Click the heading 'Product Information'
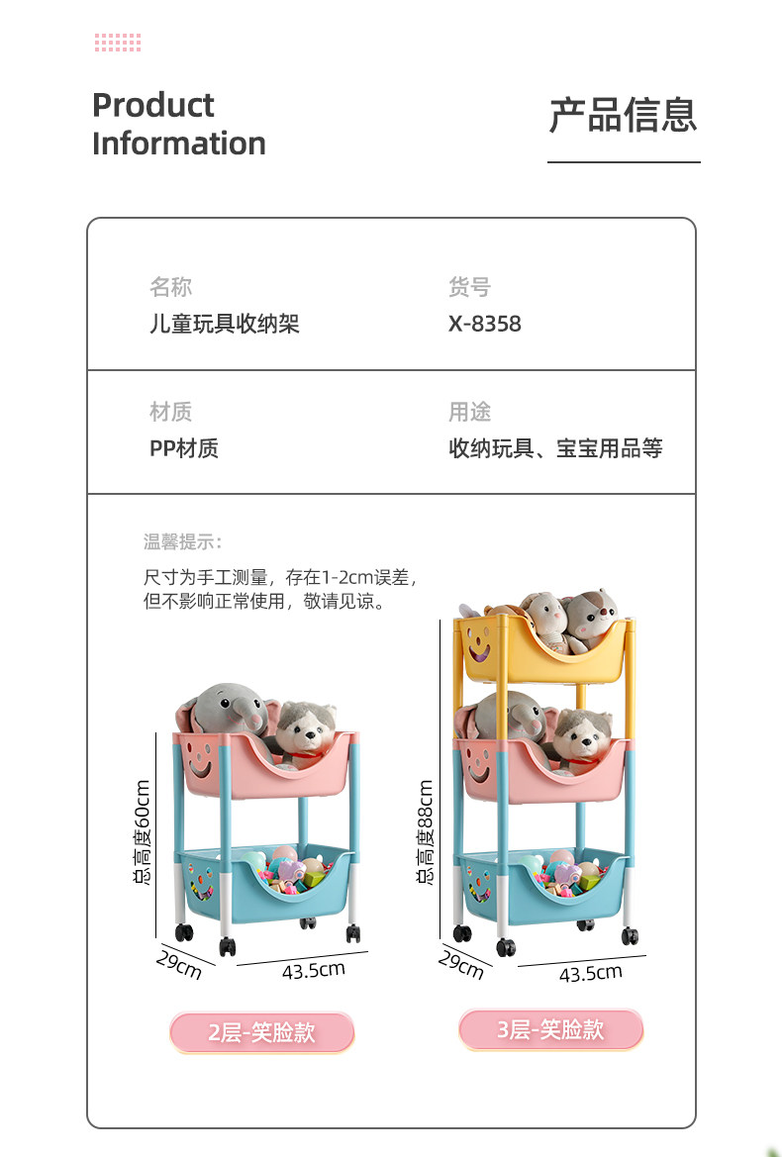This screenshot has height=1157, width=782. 178,124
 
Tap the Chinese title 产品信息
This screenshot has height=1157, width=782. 623,115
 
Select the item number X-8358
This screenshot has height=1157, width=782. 484,324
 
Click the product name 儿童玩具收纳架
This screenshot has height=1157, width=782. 224,324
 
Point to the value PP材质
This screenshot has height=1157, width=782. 184,448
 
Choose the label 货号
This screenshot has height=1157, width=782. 468,287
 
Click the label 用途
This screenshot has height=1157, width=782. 468,412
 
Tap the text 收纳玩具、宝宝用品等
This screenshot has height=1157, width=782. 555,448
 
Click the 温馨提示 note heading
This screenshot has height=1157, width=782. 182,541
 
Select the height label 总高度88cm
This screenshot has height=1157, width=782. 425,832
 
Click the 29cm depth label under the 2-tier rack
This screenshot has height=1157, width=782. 179,963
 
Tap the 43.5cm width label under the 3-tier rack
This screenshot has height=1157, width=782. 590,973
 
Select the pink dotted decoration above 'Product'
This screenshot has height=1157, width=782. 118,43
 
